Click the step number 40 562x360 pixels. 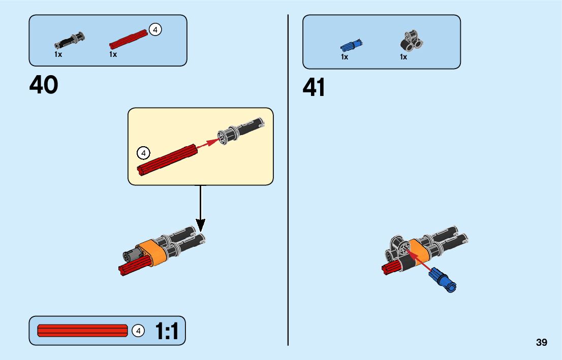click(x=44, y=85)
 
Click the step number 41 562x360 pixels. click(x=314, y=88)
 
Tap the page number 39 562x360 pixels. click(x=541, y=342)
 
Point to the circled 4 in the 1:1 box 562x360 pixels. click(x=138, y=331)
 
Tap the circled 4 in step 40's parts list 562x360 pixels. click(x=155, y=30)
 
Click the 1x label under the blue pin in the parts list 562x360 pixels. click(x=345, y=57)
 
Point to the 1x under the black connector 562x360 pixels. click(x=403, y=57)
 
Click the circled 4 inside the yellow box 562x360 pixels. click(x=144, y=152)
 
